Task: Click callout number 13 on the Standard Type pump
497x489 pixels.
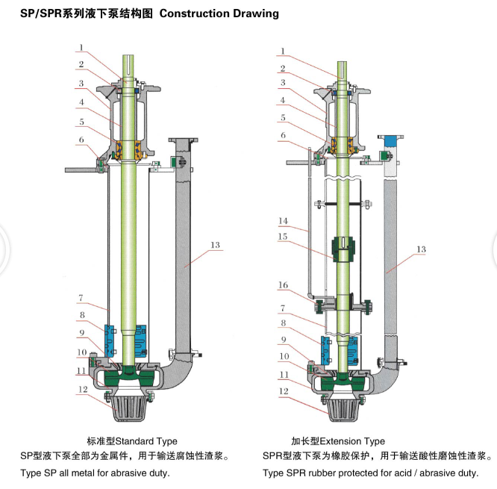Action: pos(215,245)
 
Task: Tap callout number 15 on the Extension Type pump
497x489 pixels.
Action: pos(283,237)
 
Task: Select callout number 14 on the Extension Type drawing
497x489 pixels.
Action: pos(283,221)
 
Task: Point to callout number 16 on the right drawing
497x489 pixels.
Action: pos(283,285)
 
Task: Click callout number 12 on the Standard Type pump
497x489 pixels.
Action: pos(83,389)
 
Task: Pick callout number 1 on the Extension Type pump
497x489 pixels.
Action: pos(283,51)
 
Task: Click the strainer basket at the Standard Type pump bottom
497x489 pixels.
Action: pos(128,408)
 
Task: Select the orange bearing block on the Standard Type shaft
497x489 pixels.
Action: pos(128,150)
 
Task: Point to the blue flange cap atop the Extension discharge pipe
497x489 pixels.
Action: pos(390,140)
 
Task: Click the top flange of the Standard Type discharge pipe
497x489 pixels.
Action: pos(184,140)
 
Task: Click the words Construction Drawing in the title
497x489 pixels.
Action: pos(219,13)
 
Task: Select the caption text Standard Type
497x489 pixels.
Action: pos(146,441)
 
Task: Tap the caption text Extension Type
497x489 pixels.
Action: pos(352,441)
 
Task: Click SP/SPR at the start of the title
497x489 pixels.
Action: pos(41,13)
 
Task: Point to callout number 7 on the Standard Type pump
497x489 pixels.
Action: pos(81,298)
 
